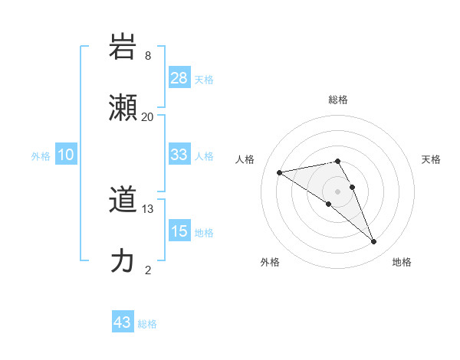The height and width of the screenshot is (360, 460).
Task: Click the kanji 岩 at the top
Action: pyautogui.click(x=123, y=47)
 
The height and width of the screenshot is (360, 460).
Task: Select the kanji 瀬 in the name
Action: pyautogui.click(x=123, y=108)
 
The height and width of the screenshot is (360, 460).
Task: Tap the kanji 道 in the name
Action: pyautogui.click(x=123, y=200)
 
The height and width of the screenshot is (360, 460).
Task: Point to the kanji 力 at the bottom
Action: pyautogui.click(x=123, y=261)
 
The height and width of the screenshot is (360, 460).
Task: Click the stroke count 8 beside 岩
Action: pyautogui.click(x=148, y=56)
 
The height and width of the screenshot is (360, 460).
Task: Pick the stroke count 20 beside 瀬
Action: pyautogui.click(x=148, y=117)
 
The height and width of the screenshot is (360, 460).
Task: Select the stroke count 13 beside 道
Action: pyautogui.click(x=148, y=209)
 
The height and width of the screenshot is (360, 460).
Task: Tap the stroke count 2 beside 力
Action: pyautogui.click(x=148, y=270)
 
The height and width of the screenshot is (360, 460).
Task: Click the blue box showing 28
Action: pyautogui.click(x=179, y=78)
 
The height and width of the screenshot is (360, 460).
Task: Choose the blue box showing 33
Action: pyautogui.click(x=179, y=155)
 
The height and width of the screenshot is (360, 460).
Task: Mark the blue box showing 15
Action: pyautogui.click(x=179, y=231)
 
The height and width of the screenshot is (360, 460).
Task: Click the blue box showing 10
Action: pyautogui.click(x=66, y=155)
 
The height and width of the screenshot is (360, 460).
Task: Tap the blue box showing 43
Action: pyautogui.click(x=123, y=322)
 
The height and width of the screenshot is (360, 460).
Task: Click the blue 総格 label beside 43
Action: pyautogui.click(x=147, y=324)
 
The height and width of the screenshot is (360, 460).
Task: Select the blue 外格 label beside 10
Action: pyautogui.click(x=41, y=155)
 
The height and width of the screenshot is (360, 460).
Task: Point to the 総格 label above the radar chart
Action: pyautogui.click(x=338, y=100)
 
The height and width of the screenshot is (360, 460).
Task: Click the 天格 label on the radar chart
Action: pyautogui.click(x=431, y=159)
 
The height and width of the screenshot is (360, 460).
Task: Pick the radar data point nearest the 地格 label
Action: pyautogui.click(x=374, y=242)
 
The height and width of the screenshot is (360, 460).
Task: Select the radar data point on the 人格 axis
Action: pyautogui.click(x=280, y=173)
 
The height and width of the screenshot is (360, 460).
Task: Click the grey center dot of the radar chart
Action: pyautogui.click(x=338, y=191)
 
